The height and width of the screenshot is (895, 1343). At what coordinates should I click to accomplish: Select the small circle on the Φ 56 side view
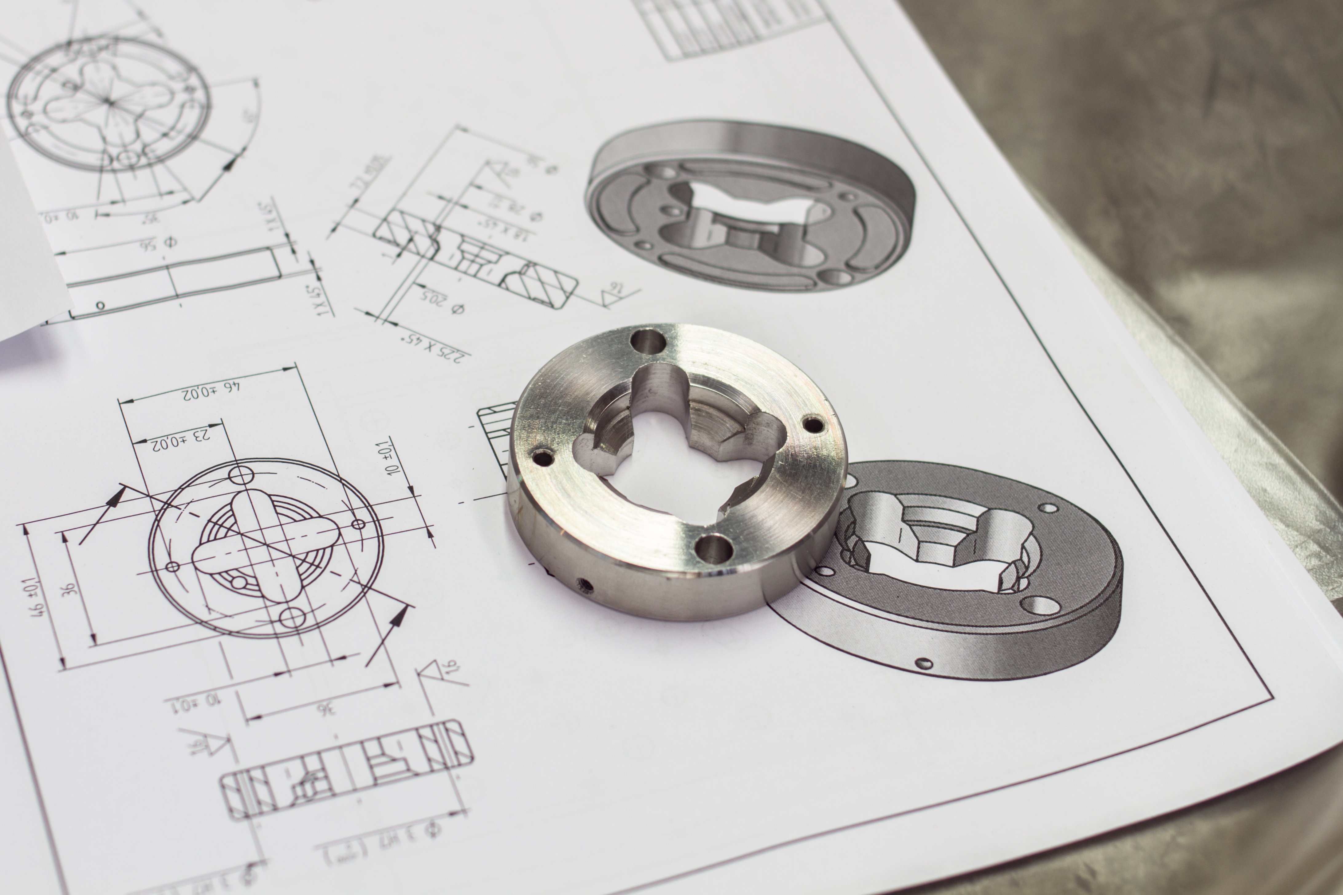click(100, 305)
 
